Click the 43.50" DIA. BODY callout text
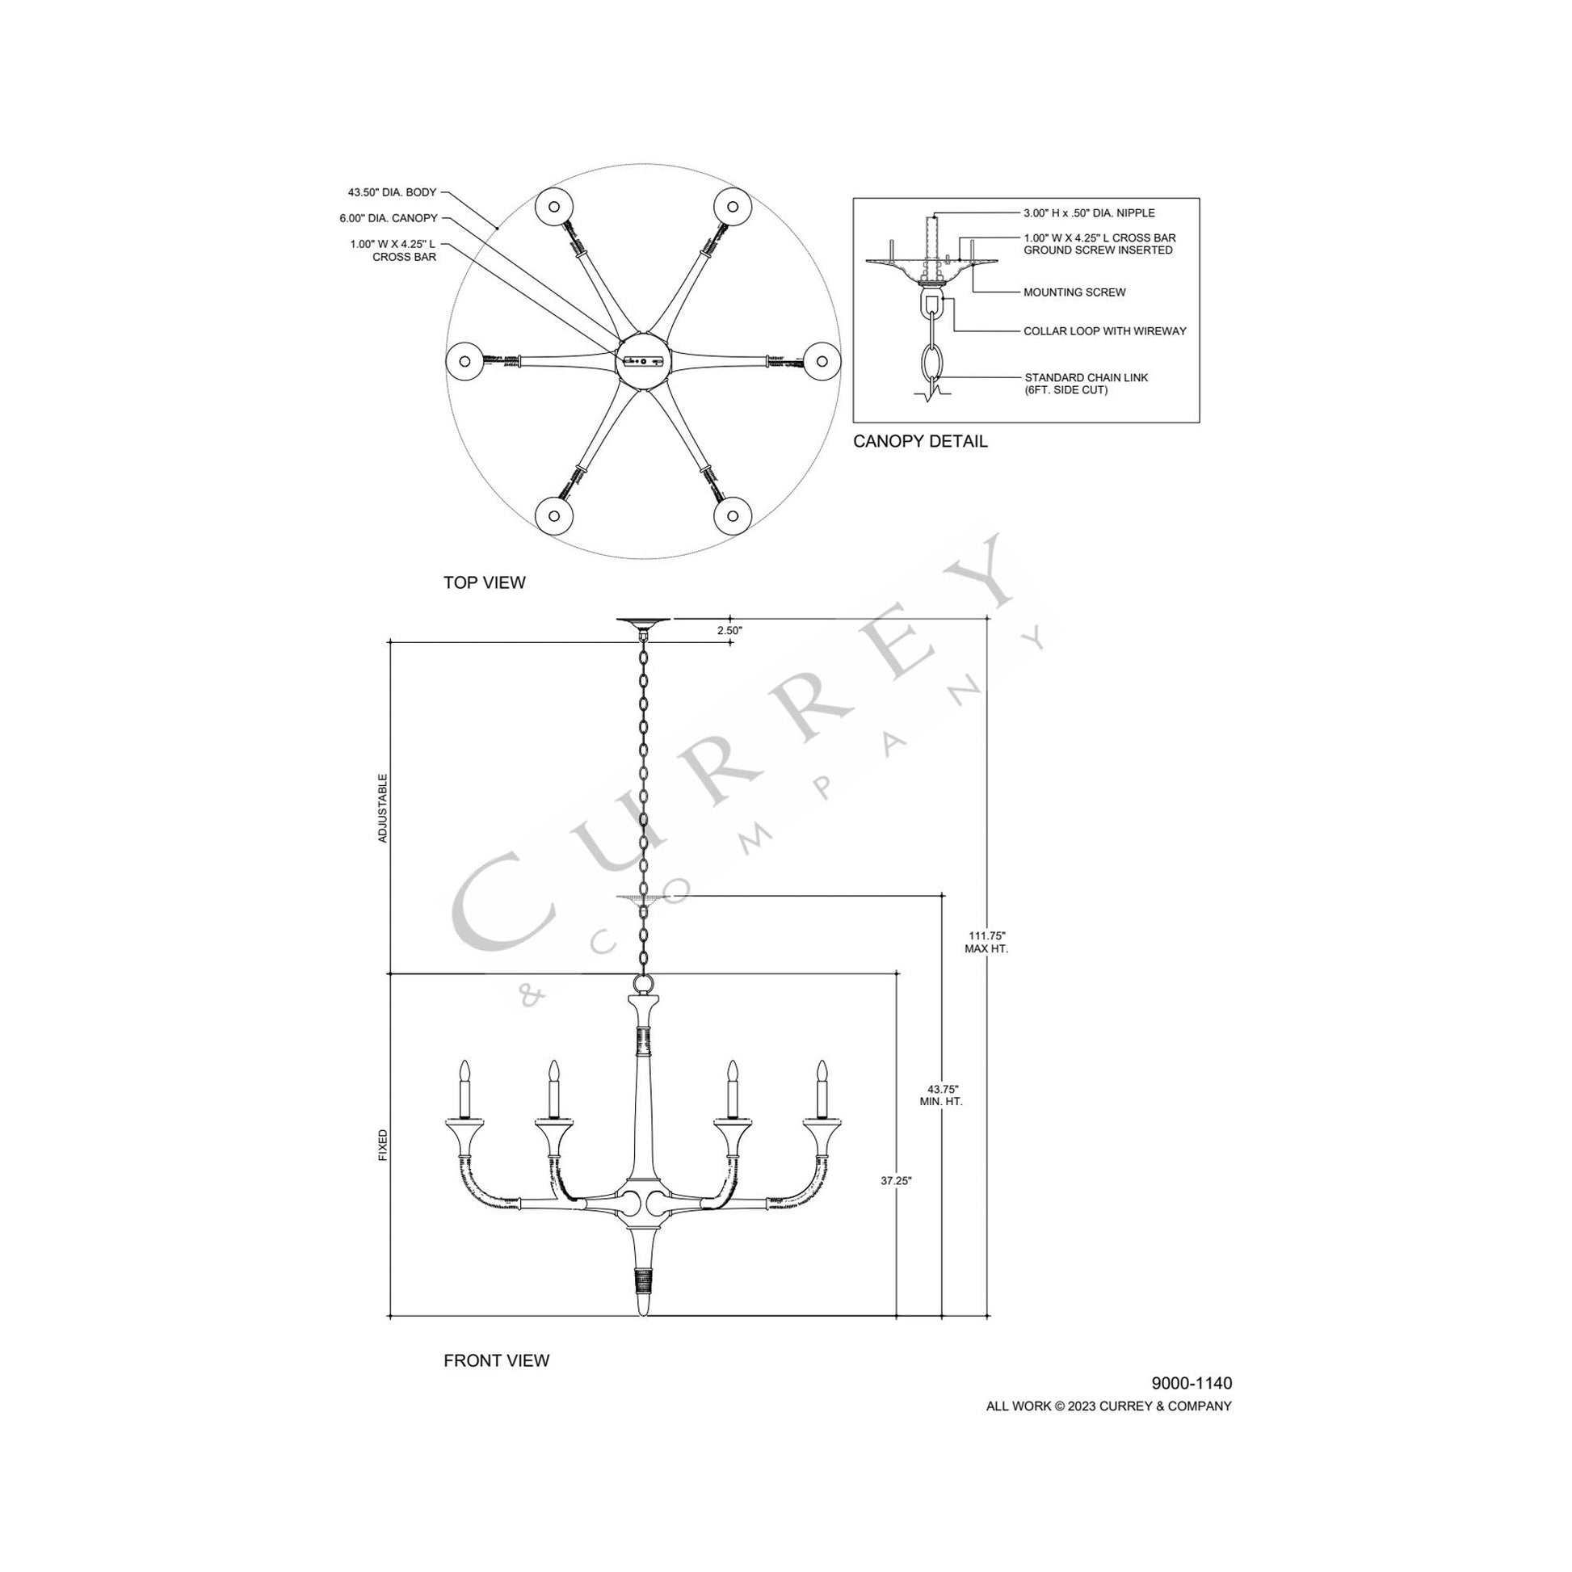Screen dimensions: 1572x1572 [x=392, y=193]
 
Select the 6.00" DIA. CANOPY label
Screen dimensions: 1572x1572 [x=388, y=218]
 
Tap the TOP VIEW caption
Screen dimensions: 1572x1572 [x=484, y=582]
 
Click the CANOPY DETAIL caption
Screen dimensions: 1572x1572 [x=920, y=441]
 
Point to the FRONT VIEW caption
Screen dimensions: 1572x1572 [x=496, y=1360]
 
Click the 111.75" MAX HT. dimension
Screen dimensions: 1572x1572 [x=986, y=942]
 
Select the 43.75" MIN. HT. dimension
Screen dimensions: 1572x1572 [x=941, y=1095]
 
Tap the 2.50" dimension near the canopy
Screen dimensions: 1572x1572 [x=729, y=630]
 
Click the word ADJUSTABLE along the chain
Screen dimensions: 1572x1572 [x=383, y=808]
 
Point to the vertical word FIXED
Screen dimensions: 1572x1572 [x=383, y=1145]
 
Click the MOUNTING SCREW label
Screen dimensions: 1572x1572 [x=1074, y=292]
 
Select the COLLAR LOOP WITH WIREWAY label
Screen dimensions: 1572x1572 [x=1104, y=331]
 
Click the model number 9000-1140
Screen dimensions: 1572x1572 [x=1192, y=1383]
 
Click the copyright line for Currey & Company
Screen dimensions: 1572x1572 [x=1108, y=1406]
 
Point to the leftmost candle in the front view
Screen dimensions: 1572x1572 [x=465, y=1091]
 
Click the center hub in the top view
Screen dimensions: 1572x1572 [x=643, y=361]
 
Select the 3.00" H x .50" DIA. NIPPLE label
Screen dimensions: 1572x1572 [x=1089, y=213]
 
